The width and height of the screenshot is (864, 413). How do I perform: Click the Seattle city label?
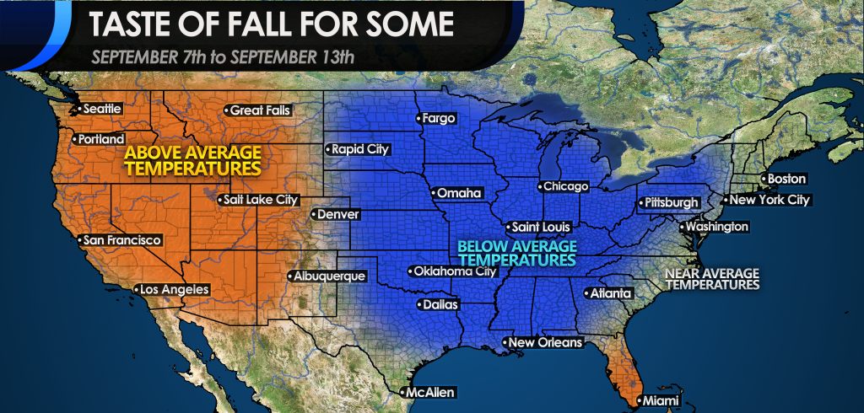[x=100, y=109]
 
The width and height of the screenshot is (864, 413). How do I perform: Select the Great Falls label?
[x=257, y=110]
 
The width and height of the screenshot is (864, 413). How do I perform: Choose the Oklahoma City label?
[x=451, y=271]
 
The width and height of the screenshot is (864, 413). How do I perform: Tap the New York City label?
[x=768, y=201]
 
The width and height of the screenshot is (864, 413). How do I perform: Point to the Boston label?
[x=786, y=179]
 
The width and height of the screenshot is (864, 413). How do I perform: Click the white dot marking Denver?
[x=313, y=215]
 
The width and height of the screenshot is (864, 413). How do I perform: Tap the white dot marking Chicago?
[x=539, y=186]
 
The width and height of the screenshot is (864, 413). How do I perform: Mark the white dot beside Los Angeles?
[x=138, y=290]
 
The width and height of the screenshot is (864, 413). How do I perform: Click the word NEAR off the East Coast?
[x=685, y=274]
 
